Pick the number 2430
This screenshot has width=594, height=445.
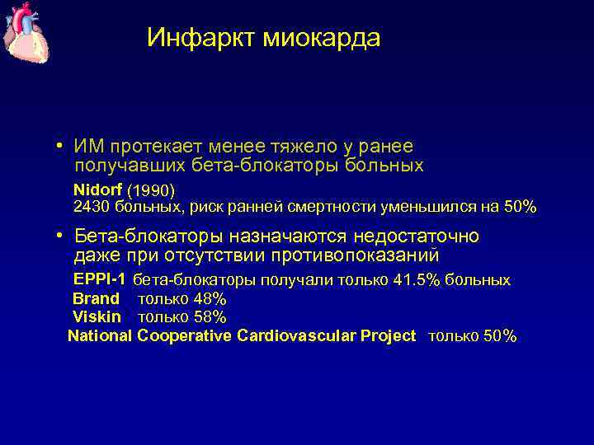click(92, 206)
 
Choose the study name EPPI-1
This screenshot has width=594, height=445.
click(101, 279)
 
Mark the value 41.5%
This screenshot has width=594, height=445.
click(419, 280)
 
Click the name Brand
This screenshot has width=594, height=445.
click(96, 298)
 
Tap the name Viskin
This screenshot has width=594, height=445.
click(97, 317)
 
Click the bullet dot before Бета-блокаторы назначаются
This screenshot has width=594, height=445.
click(61, 235)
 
